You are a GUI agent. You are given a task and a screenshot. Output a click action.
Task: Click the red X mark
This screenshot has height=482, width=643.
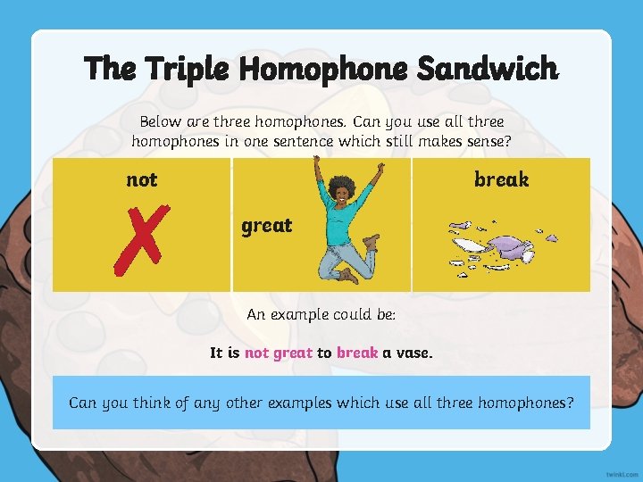(x=138, y=238)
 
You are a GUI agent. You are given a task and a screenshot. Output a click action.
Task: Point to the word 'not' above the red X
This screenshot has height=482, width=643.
(x=141, y=179)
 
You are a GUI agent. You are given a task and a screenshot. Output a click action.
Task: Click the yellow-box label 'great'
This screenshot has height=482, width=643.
(x=266, y=226)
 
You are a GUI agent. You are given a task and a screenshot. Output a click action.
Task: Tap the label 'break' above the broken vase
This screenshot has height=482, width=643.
(x=501, y=179)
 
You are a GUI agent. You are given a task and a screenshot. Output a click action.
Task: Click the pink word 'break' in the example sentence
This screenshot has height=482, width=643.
(x=357, y=353)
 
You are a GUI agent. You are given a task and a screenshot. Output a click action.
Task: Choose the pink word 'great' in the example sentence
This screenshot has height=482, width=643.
(x=292, y=353)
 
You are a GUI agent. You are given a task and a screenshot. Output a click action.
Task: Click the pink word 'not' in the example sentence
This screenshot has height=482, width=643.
(x=256, y=353)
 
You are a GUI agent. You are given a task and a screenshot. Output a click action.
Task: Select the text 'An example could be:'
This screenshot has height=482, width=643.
(x=321, y=314)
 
